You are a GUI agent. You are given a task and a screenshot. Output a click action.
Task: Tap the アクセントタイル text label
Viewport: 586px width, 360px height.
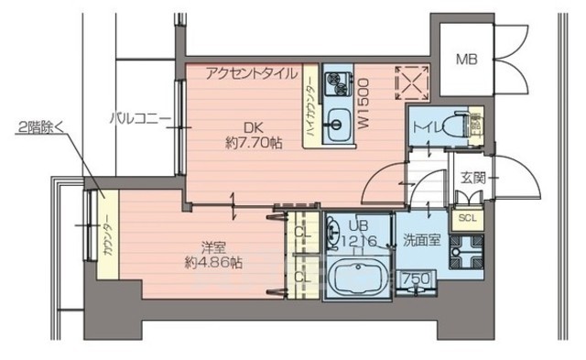pyautogui.click(x=250, y=72)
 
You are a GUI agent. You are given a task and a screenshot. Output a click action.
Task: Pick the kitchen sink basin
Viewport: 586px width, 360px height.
pyautogui.click(x=337, y=122)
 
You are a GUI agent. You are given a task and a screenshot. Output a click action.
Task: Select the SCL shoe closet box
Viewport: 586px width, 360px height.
pyautogui.click(x=467, y=218)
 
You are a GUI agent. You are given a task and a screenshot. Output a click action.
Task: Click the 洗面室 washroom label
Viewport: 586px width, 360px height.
pyautogui.click(x=420, y=242)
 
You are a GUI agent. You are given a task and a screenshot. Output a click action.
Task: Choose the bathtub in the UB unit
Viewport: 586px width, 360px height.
pyautogui.click(x=355, y=277)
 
